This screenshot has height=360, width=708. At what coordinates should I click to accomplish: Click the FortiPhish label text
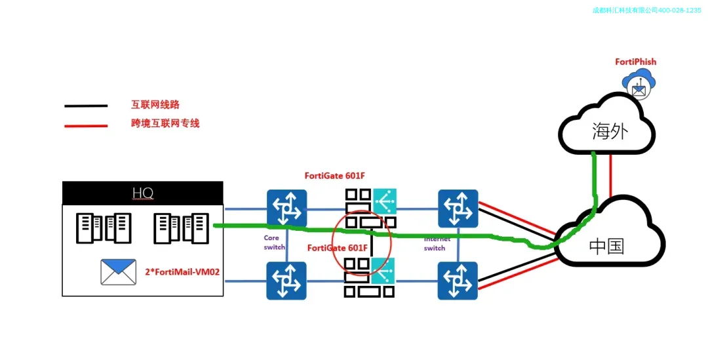[635, 62]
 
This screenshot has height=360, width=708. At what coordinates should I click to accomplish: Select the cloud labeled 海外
[608, 128]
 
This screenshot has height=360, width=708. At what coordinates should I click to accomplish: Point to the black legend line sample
[86, 106]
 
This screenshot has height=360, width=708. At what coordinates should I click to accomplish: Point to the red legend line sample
[86, 125]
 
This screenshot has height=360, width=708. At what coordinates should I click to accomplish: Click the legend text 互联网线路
[155, 104]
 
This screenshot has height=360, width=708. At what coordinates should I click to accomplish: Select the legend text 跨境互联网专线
[165, 123]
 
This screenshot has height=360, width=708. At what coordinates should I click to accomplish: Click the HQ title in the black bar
[142, 193]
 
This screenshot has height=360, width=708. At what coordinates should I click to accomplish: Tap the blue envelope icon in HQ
[118, 272]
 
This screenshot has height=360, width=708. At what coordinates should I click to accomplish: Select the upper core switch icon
[286, 209]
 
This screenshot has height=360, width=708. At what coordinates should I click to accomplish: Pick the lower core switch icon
[286, 281]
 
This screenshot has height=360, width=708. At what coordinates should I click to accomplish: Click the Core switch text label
[274, 243]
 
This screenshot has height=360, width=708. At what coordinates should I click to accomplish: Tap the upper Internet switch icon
[458, 209]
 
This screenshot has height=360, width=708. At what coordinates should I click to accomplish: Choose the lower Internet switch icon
[458, 281]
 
